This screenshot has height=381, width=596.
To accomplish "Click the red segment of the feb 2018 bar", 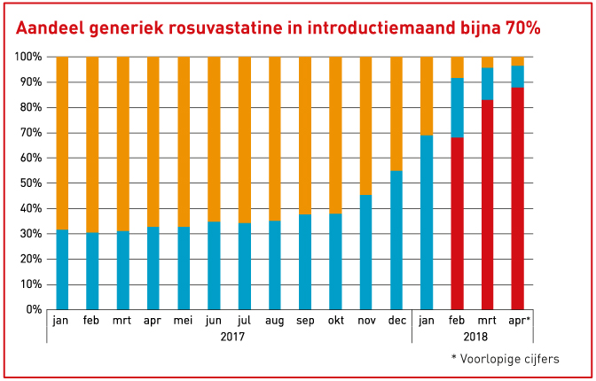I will pos(457,223).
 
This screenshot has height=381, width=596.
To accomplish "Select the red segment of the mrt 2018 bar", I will pos(487,205).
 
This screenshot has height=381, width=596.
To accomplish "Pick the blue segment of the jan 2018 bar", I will pos(427,222).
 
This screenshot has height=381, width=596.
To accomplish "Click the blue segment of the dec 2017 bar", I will pos(396,239).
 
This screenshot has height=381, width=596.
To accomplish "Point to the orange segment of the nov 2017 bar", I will pos(365,125).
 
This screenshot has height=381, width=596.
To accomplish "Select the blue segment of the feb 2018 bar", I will pos(457,108).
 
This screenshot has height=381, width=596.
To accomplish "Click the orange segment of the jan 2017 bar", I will pos(62,143).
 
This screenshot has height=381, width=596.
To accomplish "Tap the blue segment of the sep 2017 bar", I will pos(305,261).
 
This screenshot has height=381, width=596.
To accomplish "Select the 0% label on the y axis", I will pos(33,309).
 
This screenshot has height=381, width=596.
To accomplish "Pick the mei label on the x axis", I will pos(184,322).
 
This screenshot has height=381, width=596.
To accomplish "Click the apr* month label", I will pos(518,322).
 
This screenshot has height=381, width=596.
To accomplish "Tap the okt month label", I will pos(335,322).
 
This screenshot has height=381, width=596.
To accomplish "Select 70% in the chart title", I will pos(519,27).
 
